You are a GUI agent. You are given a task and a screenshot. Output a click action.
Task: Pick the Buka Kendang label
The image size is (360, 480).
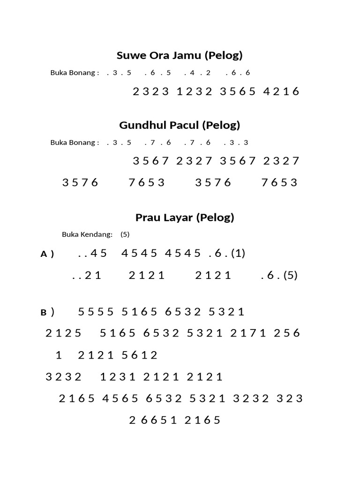tap(87, 234)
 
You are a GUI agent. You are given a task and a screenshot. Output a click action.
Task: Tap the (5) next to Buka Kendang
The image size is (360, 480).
tap(125, 234)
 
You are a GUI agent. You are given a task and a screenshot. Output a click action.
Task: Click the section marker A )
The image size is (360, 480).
tap(47, 254)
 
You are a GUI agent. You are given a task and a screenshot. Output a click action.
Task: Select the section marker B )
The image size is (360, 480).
tap(47, 312)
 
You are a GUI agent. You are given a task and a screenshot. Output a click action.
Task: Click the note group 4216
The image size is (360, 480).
tap(281, 91)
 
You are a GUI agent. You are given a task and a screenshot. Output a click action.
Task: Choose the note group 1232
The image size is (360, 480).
tap(195, 91)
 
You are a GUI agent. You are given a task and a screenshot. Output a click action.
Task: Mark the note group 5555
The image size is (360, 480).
tap(96, 312)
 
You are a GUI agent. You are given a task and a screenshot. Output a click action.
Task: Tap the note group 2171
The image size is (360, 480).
tap(248, 333)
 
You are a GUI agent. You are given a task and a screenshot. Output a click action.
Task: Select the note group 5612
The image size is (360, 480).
tap(140, 355)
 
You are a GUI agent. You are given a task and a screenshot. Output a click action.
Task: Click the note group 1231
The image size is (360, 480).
tap(118, 377)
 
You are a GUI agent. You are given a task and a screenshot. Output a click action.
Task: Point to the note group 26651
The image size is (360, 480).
tap(153, 420)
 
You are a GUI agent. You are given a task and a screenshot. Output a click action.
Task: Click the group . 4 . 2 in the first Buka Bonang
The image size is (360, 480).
tap(197, 73)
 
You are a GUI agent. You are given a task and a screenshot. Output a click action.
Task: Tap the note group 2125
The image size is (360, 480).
tap(63, 333)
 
